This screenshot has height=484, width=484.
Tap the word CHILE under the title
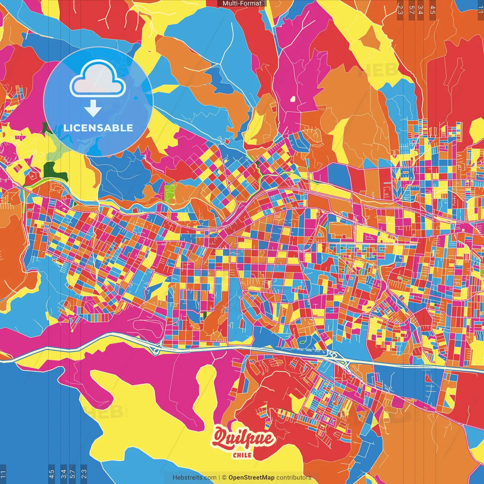point(242,455)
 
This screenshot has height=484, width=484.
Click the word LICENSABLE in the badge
point(98,128)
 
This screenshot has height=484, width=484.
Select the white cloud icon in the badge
point(98,78)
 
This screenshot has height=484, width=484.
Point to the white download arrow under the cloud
point(93,109)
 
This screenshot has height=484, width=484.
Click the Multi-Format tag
point(242,3)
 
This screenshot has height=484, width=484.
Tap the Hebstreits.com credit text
point(194,478)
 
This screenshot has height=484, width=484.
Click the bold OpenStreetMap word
point(251,478)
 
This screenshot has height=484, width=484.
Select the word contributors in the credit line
point(294,478)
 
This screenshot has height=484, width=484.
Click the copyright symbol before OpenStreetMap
point(224,478)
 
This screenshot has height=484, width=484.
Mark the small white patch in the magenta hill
point(292,99)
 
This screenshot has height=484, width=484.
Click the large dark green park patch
point(55,171)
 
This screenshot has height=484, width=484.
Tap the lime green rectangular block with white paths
point(169,192)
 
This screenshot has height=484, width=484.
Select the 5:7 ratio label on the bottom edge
point(73,474)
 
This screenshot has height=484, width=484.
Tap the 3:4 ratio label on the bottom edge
point(63,474)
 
